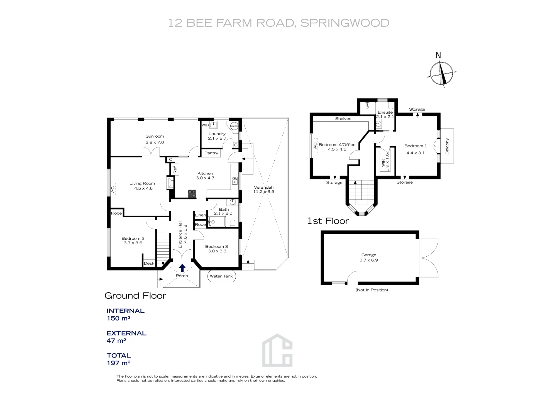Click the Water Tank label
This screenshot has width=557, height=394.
pos(221,276)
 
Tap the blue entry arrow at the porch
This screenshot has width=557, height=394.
pos(182,268)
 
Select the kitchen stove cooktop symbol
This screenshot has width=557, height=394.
pos(192,194)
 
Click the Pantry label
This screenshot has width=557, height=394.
pos(211,153)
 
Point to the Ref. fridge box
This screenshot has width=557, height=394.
pos(175,169)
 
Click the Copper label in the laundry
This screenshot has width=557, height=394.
pos(234,126)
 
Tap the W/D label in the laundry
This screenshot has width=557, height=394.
pos(205,125)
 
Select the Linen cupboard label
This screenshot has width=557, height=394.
pos(200,215)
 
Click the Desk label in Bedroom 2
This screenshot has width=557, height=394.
pos(149,263)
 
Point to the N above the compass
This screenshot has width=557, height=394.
pos(438,55)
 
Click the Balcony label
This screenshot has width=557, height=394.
pos(447,146)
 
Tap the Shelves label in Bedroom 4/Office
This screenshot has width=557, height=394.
pos(343,119)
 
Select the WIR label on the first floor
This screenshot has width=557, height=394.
pos(383,163)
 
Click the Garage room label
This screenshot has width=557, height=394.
pos(369,255)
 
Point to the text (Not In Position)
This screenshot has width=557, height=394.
pos(372,290)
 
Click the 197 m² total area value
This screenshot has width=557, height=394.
pos(119,363)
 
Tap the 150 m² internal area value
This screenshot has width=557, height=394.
pos(119,318)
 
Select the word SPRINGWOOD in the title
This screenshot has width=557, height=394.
pos(345,23)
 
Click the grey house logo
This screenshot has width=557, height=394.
pos(277,350)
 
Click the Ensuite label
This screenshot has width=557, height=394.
pos(385,112)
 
